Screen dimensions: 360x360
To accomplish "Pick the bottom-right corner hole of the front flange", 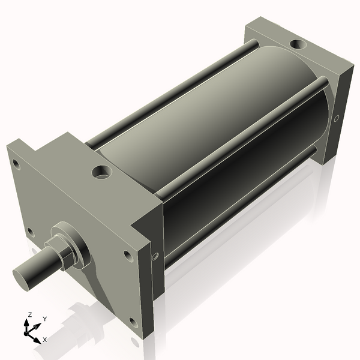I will (133, 323).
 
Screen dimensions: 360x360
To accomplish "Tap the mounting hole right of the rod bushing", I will (128, 256).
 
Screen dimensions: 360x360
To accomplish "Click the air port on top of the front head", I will (101, 173).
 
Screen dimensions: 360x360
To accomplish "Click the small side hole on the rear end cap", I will (337, 118).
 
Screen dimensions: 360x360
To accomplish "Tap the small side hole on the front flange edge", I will (155, 256).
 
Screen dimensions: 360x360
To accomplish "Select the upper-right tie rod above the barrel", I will (240, 138).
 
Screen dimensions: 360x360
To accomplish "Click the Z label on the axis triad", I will (29, 314).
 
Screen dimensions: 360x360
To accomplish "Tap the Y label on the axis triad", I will (44, 319).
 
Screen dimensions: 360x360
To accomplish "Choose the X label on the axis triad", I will (44, 340).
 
